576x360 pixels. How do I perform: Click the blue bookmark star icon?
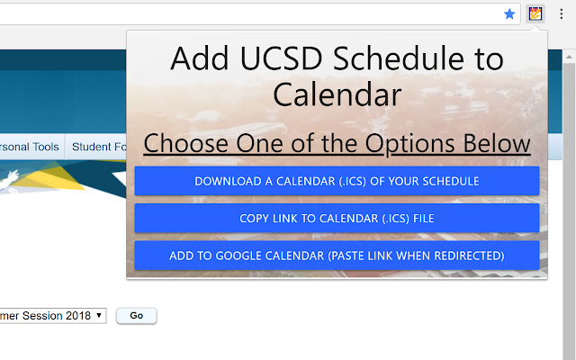509,13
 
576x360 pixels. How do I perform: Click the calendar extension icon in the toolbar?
535,13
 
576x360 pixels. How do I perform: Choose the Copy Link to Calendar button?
337,218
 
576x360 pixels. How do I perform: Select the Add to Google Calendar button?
337,256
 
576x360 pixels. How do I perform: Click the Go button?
136,316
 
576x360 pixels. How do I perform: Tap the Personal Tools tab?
29,147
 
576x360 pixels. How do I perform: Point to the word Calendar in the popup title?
337,94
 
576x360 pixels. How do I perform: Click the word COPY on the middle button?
256,218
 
